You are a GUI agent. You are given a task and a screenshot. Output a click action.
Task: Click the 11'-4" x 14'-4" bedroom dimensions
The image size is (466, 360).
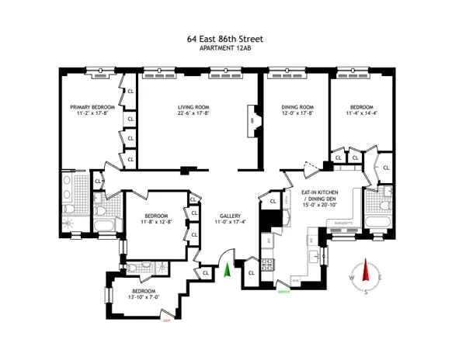(x=361, y=113)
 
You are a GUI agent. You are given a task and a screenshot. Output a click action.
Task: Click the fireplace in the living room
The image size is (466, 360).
(x=252, y=122)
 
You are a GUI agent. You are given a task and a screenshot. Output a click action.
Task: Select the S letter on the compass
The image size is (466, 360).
(x=366, y=292)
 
